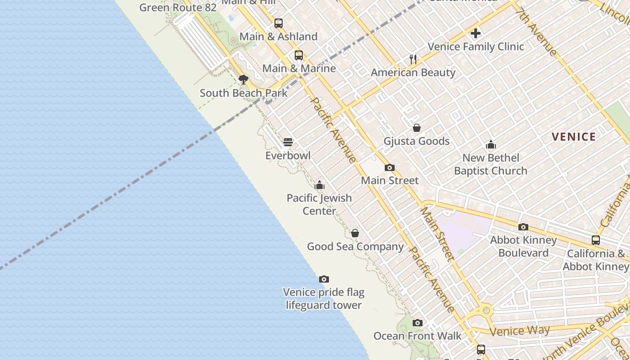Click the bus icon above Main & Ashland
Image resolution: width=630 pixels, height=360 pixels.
coord(279,23)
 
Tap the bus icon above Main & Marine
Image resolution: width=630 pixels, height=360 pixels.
coord(299,55)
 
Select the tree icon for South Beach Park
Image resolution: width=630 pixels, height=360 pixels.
coord(243,80)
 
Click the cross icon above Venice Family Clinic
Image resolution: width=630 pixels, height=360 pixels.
coord(476,33)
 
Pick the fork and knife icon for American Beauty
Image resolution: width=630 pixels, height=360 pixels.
coord(413,59)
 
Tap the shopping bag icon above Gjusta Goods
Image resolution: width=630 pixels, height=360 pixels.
coord(417,128)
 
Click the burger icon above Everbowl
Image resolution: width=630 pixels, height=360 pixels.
coord(288,142)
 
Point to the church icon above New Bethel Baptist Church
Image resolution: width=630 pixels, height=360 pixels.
coord(490,144)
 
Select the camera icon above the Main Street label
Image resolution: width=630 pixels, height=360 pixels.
coord(390,167)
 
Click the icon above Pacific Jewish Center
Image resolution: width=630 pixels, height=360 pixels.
coord(319,184)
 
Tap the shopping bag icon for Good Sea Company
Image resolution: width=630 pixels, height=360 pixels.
coord(355,233)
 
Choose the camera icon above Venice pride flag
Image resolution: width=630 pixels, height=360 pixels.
coord(324,279)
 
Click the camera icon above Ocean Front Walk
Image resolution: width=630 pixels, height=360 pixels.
coord(418,323)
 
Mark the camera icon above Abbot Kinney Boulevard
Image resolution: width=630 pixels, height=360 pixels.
coord(523,227)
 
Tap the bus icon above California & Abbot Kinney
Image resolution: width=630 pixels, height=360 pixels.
coord(596,240)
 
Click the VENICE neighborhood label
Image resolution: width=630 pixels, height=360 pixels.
coord(574,137)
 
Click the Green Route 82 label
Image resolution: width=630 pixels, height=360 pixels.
coord(178,8)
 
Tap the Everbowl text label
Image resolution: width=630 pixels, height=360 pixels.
coord(288,156)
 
